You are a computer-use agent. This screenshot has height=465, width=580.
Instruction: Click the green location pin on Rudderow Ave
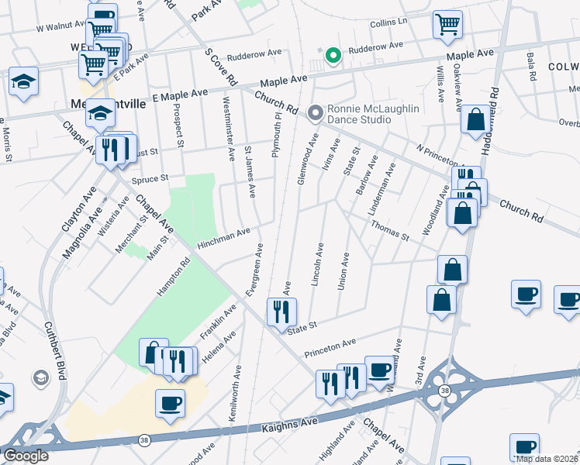pyautogui.click(x=334, y=56)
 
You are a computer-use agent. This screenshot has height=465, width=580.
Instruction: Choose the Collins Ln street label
pyautogui.click(x=388, y=22)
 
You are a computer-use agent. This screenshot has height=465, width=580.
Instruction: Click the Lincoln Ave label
pyautogui.click(x=317, y=265)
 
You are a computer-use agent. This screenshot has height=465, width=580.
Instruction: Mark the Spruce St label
pyautogui.click(x=150, y=179)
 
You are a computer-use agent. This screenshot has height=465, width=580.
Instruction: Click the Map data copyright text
pyautogui.click(x=546, y=459)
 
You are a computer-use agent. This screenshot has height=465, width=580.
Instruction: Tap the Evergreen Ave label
pyautogui.click(x=254, y=269)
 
